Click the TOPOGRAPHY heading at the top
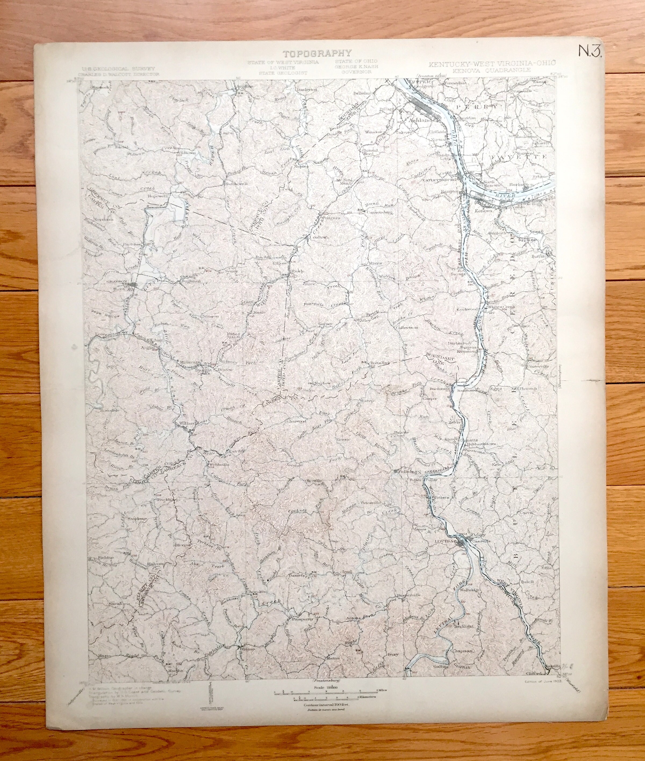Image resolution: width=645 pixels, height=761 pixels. coord(317,54)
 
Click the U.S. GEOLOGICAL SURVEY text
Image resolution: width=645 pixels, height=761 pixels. coord(119,68)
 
